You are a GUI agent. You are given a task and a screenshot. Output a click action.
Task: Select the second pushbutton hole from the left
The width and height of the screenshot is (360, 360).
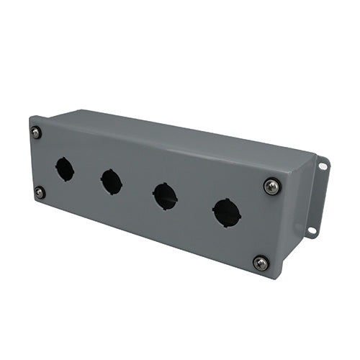click(x=112, y=181)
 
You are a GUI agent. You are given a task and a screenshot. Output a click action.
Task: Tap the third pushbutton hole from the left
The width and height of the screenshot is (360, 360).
click(x=166, y=196)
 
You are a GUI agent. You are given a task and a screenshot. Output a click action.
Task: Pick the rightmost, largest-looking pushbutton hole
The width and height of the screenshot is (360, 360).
click(x=226, y=212)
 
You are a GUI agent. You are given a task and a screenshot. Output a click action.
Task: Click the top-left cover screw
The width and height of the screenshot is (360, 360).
click(x=36, y=132)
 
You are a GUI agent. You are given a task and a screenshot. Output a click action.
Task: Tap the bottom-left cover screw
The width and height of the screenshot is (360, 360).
click(x=40, y=192)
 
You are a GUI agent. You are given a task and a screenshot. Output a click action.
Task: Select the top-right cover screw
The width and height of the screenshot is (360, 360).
click(x=271, y=186)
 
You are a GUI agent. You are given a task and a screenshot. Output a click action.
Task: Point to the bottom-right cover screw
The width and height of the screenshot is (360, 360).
click(x=261, y=263)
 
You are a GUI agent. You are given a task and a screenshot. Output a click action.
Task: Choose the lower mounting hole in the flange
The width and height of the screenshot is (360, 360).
click(x=312, y=231)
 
